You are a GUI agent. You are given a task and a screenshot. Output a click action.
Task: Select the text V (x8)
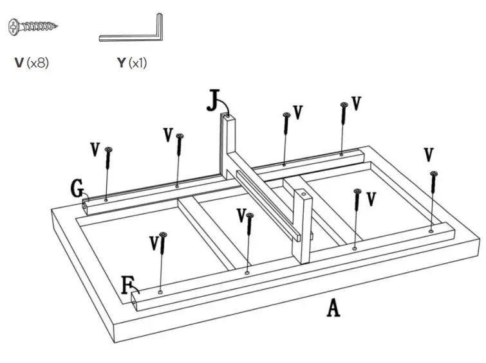32,64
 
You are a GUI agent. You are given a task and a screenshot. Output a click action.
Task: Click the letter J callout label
214,101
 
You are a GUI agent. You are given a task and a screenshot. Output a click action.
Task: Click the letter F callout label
128,283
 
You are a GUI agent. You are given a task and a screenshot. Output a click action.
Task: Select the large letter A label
332,308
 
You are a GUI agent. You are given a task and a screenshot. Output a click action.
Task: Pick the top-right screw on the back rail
344,123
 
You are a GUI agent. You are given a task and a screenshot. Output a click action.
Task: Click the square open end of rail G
86,207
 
